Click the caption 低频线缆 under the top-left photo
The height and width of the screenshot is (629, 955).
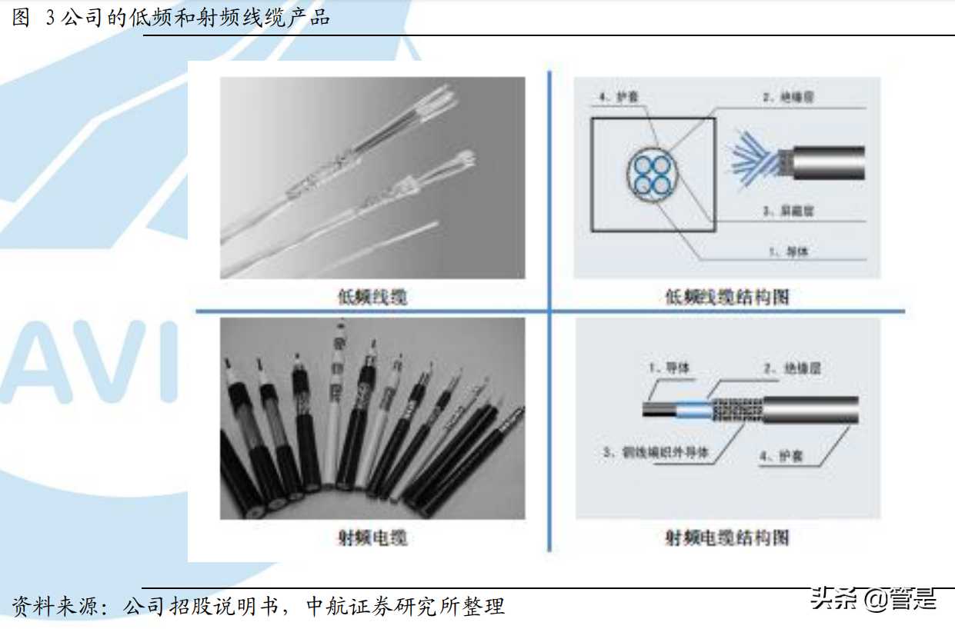pyautogui.click(x=372, y=297)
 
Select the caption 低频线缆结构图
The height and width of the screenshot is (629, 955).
pyautogui.click(x=726, y=297)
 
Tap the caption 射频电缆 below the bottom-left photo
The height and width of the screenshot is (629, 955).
pyautogui.click(x=372, y=537)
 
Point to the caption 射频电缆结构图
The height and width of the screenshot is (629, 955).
pyautogui.click(x=726, y=537)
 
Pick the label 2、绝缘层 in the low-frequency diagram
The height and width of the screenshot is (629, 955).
pyautogui.click(x=788, y=98)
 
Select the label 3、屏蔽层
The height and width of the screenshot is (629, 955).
pyautogui.click(x=788, y=210)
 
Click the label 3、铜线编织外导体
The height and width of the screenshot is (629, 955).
pyautogui.click(x=653, y=453)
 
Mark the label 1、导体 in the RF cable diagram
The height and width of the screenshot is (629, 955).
pyautogui.click(x=669, y=368)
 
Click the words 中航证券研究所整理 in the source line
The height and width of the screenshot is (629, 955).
pyautogui.click(x=405, y=607)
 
